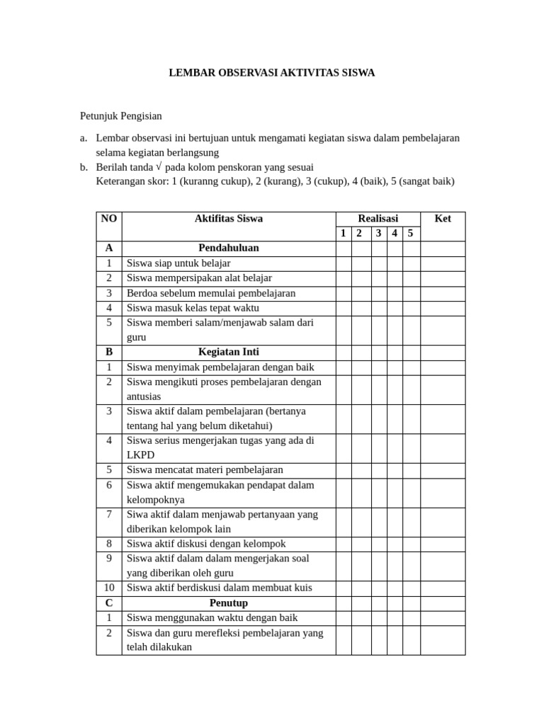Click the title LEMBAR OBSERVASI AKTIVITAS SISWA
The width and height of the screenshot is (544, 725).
[271, 73]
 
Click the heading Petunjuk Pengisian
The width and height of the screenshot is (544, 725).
[120, 115]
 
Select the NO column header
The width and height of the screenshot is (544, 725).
[109, 219]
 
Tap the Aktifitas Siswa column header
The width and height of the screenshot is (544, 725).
[228, 219]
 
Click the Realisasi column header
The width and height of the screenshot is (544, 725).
[378, 219]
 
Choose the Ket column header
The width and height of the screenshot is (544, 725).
[443, 219]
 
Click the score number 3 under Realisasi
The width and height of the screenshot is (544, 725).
[379, 234]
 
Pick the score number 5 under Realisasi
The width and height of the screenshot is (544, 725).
[410, 234]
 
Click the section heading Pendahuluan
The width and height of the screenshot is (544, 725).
[228, 249]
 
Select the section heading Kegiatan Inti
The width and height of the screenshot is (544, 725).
[228, 352]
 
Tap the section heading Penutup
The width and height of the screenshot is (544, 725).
[228, 603]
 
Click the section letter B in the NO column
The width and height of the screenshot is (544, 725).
[109, 352]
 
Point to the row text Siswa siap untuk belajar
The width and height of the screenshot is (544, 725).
[174, 263]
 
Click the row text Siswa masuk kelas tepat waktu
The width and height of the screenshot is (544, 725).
[193, 308]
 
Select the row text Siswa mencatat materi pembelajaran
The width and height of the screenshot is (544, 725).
[205, 470]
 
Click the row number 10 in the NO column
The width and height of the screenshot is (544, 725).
[109, 588]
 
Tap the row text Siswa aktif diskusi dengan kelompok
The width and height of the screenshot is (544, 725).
[206, 544]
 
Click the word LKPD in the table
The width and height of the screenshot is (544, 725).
[140, 455]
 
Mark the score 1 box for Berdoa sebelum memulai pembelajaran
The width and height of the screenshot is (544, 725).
[343, 293]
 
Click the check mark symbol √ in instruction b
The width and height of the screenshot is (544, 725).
[159, 167]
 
